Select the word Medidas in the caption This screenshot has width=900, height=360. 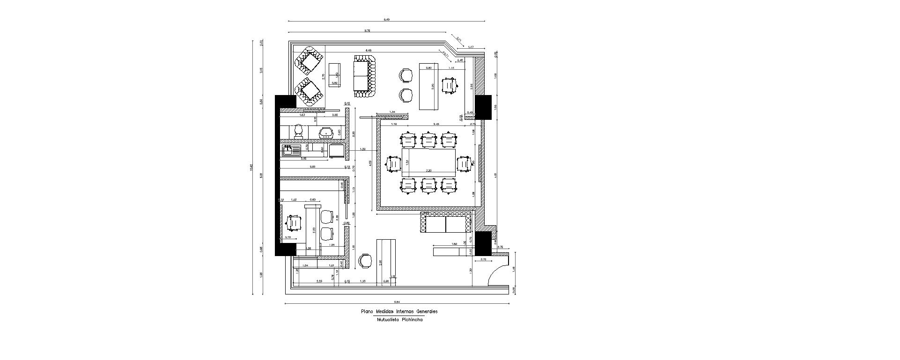coord(385,311)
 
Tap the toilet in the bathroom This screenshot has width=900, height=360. coord(299,131)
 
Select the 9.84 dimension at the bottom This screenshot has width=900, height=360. coord(397,302)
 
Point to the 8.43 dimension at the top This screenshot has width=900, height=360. coord(386,20)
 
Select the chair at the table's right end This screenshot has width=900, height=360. coord(463,164)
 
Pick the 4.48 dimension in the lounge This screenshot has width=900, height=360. coord(369,50)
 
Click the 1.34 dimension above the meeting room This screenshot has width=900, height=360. coord(392,111)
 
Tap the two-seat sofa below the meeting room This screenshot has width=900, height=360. coord(445,223)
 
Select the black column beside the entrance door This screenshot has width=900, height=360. coord(482,243)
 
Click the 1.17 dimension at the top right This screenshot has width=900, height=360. coord(471,47)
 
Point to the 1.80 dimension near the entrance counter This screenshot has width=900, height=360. coord(454,244)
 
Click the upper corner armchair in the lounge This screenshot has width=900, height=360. coord(309,61)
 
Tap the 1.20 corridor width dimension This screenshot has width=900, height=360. coord(362,149)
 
